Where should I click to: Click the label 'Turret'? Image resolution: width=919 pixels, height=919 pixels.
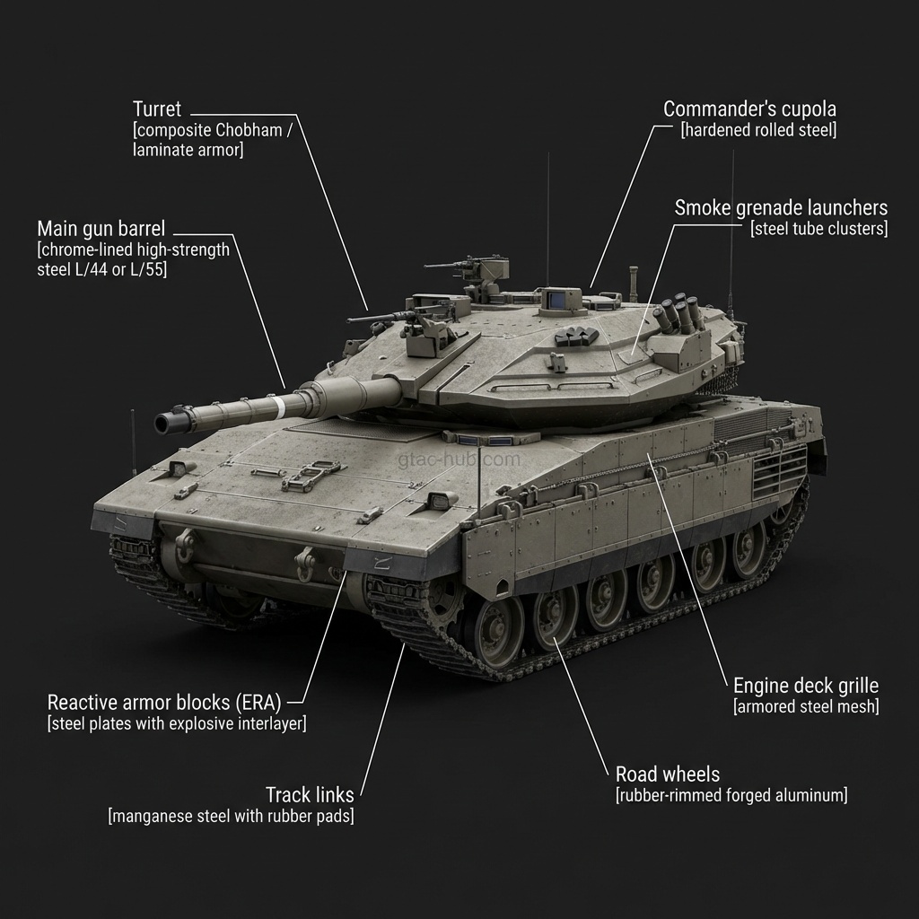(157, 109)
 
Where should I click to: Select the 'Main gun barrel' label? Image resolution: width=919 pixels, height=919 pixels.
(101, 227)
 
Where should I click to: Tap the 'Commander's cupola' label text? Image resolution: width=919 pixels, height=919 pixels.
(749, 109)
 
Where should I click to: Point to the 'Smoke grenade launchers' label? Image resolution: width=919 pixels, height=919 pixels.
(781, 208)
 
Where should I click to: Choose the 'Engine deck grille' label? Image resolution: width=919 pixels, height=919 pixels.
(806, 686)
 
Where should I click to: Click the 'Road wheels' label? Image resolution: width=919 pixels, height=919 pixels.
(668, 774)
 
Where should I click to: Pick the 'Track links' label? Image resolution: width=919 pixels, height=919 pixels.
(310, 794)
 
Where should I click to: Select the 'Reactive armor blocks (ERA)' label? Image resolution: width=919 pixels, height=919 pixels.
(164, 702)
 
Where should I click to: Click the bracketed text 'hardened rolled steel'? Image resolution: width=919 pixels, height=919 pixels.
(758, 130)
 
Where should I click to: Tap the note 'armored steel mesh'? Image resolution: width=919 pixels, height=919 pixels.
(806, 706)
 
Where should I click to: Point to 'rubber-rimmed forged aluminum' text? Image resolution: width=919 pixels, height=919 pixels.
(731, 794)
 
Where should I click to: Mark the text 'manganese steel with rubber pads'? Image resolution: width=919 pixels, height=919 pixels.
(231, 816)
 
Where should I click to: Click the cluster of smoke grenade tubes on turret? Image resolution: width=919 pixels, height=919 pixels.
(678, 314)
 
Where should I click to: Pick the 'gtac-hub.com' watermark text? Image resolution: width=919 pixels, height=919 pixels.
(459, 459)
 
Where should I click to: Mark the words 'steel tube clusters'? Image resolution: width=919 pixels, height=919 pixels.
(818, 229)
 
